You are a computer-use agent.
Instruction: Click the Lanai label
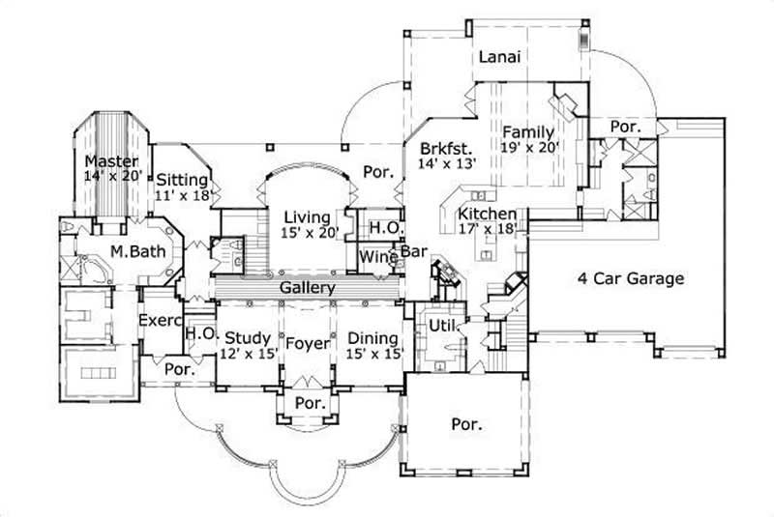(x=500, y=57)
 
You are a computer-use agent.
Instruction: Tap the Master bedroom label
(x=110, y=160)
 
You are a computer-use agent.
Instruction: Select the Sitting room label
(x=181, y=179)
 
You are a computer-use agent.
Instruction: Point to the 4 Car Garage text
(x=631, y=279)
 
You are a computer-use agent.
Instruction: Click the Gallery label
(x=307, y=288)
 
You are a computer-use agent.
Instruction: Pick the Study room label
(x=248, y=338)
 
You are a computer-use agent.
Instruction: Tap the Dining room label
(x=372, y=338)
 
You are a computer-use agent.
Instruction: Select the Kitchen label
(x=487, y=215)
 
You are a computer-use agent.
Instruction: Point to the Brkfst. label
(x=445, y=150)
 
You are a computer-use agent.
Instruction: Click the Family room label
(x=527, y=132)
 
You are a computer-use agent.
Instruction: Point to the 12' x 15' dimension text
(x=248, y=354)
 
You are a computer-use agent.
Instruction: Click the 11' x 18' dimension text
(x=181, y=194)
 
